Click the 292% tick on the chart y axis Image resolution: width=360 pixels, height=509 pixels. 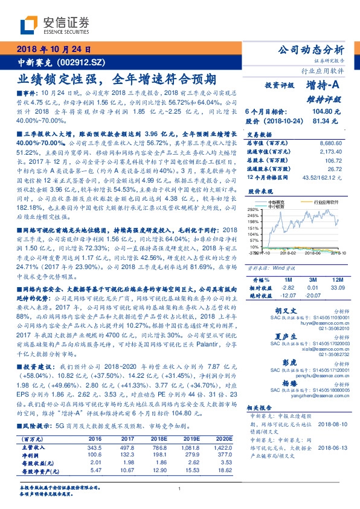click(252, 208)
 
